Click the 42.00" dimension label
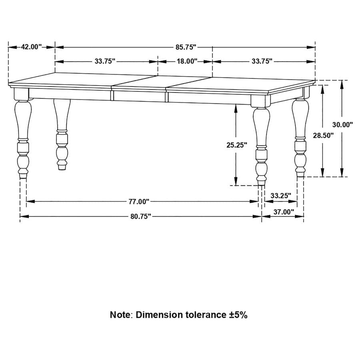click(x=31, y=47)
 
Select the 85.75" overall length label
click(x=186, y=47)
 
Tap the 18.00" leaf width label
click(x=187, y=61)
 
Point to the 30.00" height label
click(x=342, y=124)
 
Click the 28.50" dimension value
click(x=323, y=135)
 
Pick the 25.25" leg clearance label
click(x=236, y=145)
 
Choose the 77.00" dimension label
click(x=139, y=201)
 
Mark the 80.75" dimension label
click(x=140, y=216)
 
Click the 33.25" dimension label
click(x=281, y=196)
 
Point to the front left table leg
click(x=22, y=136)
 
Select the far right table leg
click(x=300, y=136)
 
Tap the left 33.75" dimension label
click(x=105, y=61)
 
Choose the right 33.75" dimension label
click(x=262, y=61)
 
